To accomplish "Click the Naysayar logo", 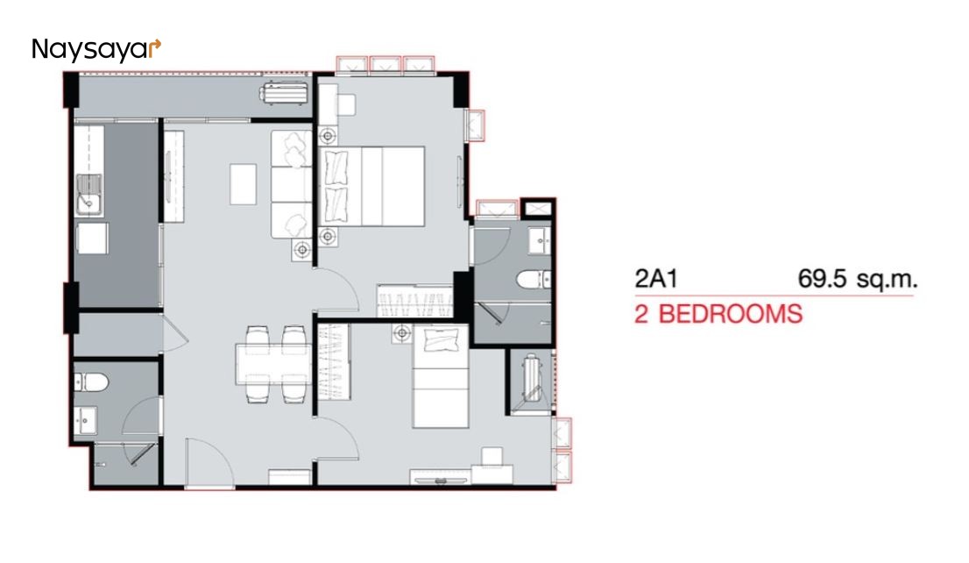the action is point(96,50).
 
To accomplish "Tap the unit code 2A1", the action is point(655,278).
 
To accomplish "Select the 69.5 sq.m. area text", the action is point(857,278).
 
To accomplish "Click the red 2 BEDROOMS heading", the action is point(718,314).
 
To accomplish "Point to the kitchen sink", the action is point(89,195).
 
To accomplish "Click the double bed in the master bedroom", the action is point(371,186).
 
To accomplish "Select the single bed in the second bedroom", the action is point(441,377).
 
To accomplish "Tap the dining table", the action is point(272,365).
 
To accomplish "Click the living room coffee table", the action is point(243,184).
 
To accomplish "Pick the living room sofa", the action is point(292,184).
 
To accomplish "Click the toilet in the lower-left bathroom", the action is point(91,382).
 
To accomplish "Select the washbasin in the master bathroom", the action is point(540,240).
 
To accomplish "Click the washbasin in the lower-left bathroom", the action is point(85,421).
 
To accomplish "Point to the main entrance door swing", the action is point(210,463).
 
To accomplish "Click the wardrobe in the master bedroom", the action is point(414,302).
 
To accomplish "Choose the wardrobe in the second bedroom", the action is point(334,362).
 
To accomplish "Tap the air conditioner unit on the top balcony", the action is point(284,94).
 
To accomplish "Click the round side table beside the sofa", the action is point(302,250).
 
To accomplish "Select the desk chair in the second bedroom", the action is point(492,457).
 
